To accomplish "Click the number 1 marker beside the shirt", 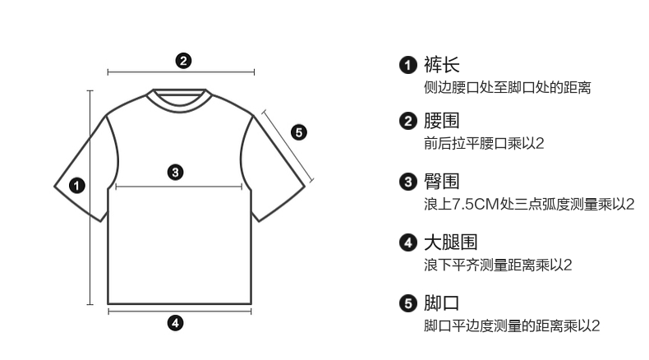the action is (x=76, y=185).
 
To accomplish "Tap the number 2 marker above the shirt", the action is (x=184, y=59).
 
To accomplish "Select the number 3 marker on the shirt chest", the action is (x=174, y=172).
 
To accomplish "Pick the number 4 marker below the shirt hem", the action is (x=174, y=322).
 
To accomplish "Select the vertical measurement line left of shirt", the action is (x=90, y=197).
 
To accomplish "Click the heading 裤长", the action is (x=441, y=64).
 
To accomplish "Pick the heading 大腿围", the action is (x=449, y=242).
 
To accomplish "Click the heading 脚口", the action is (x=441, y=302).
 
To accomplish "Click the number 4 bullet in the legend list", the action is (x=408, y=243).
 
